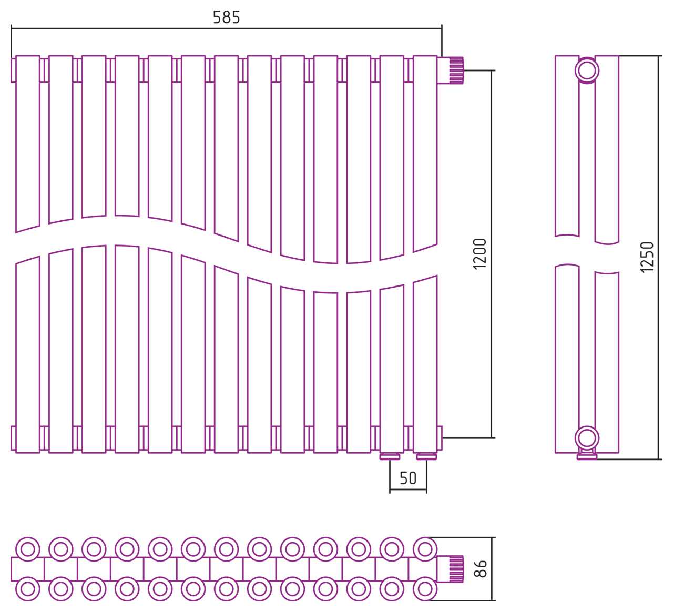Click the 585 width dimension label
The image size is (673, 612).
click(x=227, y=17)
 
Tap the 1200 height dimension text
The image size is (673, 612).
click(x=480, y=254)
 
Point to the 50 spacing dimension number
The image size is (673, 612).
click(x=408, y=478)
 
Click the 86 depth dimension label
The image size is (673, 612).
click(x=481, y=568)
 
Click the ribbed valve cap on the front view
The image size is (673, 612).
click(x=456, y=70)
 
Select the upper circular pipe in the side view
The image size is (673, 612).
click(x=587, y=70)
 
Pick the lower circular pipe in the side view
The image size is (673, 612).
click(x=587, y=438)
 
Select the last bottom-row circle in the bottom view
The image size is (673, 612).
click(x=425, y=589)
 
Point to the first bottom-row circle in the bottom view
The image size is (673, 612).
click(x=27, y=589)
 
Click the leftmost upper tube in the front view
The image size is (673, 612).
click(x=27, y=144)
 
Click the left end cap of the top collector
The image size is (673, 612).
click(x=13, y=70)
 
